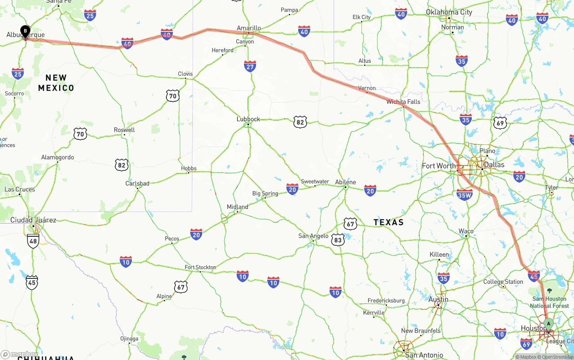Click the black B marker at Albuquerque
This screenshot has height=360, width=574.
[x=26, y=31]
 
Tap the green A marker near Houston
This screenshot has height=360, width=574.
[x=548, y=324]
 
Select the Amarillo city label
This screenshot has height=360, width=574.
[x=248, y=28]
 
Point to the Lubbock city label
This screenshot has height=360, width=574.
[x=248, y=119]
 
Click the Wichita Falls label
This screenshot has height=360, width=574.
[x=403, y=102]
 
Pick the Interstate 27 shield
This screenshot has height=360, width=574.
[x=250, y=66]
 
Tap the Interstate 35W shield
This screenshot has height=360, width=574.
[x=465, y=194]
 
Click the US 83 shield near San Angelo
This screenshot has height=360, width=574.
[x=338, y=240]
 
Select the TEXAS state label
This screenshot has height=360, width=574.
[x=388, y=222]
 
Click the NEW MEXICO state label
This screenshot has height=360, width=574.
[x=56, y=83]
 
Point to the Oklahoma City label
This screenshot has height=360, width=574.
[x=449, y=12]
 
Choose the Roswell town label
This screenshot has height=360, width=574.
[x=124, y=130]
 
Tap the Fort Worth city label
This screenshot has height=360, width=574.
[x=439, y=166]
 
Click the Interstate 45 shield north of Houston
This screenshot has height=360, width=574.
[x=534, y=276]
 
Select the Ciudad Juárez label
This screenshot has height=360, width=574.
[x=33, y=220]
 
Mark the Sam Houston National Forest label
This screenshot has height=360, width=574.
[x=549, y=302]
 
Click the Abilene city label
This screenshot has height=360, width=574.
[x=345, y=182]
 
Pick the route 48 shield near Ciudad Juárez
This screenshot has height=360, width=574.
[x=33, y=241]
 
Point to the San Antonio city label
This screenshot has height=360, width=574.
[x=424, y=355]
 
